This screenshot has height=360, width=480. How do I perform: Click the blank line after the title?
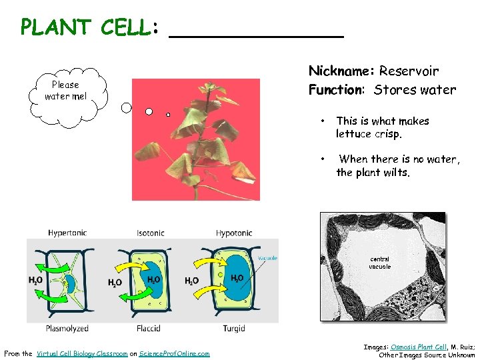(x=256, y=33)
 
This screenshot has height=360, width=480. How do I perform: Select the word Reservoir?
(x=409, y=71)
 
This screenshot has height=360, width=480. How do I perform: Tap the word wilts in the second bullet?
(x=396, y=172)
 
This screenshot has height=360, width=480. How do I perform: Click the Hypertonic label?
(x=67, y=233)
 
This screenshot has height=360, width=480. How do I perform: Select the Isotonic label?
(x=150, y=233)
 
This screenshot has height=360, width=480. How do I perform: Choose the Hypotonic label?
(x=234, y=233)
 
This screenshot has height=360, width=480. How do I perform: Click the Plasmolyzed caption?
(x=67, y=329)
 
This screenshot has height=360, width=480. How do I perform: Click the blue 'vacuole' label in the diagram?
(x=267, y=258)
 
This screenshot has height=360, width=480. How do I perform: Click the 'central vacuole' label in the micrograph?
(x=379, y=263)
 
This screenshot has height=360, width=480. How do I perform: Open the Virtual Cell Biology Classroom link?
(x=82, y=354)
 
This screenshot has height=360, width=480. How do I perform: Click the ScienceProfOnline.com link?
(x=174, y=354)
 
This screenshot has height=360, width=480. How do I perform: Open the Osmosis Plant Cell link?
(x=419, y=347)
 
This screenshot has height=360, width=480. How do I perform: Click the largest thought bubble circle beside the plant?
(x=127, y=106)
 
